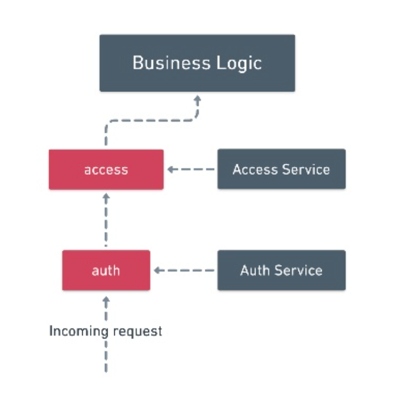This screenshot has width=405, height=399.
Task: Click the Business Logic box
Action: coord(198,63)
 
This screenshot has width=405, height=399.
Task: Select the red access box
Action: coord(106,169)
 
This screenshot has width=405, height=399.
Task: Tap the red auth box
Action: coord(106,270)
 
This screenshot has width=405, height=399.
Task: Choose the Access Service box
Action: coord(281,169)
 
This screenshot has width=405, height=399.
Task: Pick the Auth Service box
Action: coord(281,270)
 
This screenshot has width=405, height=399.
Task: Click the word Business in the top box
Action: coord(172,63)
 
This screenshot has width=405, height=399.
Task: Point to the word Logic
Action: coord(239,63)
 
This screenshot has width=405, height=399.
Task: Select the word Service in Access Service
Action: coord(306,169)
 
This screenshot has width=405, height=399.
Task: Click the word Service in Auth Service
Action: coord(299,271)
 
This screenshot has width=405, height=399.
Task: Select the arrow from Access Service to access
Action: coord(191,169)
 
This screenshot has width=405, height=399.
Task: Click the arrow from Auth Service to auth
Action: coord(184,271)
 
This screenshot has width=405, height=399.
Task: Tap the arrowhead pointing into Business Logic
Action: coord(198,99)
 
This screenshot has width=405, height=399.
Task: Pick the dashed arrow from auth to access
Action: coord(106,220)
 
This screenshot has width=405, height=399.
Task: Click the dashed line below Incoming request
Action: coord(106,356)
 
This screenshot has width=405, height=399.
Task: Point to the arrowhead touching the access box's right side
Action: coord(170,169)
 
